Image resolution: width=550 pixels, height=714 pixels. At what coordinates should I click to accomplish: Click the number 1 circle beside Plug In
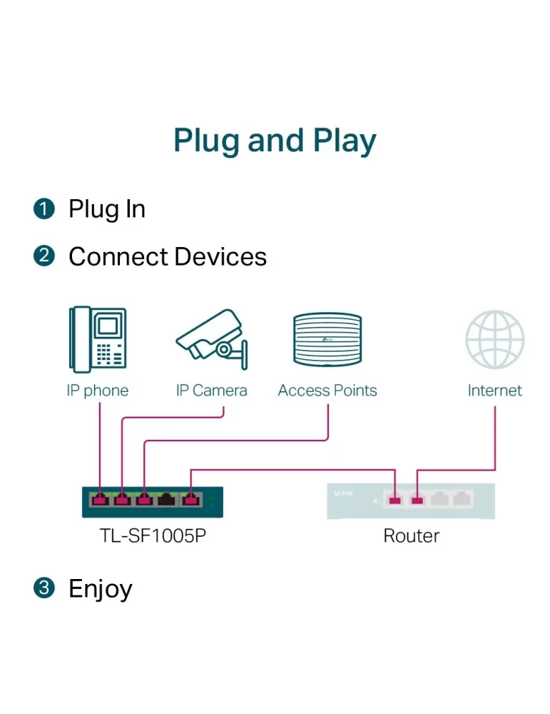44,209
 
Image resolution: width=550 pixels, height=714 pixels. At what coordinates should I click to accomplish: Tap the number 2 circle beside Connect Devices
44,256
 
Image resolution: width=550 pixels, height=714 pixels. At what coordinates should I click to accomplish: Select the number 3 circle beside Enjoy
44,588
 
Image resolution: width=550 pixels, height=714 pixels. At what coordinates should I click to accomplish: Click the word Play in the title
345,141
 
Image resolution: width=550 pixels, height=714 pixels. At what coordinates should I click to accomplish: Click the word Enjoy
101,589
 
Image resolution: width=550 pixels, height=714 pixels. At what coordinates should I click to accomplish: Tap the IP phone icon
97,339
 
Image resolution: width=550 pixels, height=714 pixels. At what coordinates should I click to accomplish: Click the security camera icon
212,338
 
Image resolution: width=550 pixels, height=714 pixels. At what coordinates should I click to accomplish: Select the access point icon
327,340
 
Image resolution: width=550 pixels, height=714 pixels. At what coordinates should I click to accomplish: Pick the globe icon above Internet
495,340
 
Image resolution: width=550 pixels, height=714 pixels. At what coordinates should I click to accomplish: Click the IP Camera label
212,391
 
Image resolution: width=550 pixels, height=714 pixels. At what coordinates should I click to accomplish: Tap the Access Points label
327,391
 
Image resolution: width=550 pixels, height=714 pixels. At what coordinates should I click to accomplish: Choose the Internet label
495,391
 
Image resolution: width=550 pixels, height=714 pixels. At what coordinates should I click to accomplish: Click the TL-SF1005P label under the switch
153,536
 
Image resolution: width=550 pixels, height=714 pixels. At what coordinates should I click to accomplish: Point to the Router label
411,536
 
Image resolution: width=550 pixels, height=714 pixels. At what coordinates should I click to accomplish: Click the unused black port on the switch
166,500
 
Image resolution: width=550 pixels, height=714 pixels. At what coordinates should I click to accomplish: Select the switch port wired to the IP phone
100,500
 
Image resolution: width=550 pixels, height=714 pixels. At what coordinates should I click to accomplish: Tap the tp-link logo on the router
343,493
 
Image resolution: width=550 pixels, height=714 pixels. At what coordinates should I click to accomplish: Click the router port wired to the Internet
417,501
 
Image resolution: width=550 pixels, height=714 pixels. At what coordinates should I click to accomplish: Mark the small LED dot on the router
375,501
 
